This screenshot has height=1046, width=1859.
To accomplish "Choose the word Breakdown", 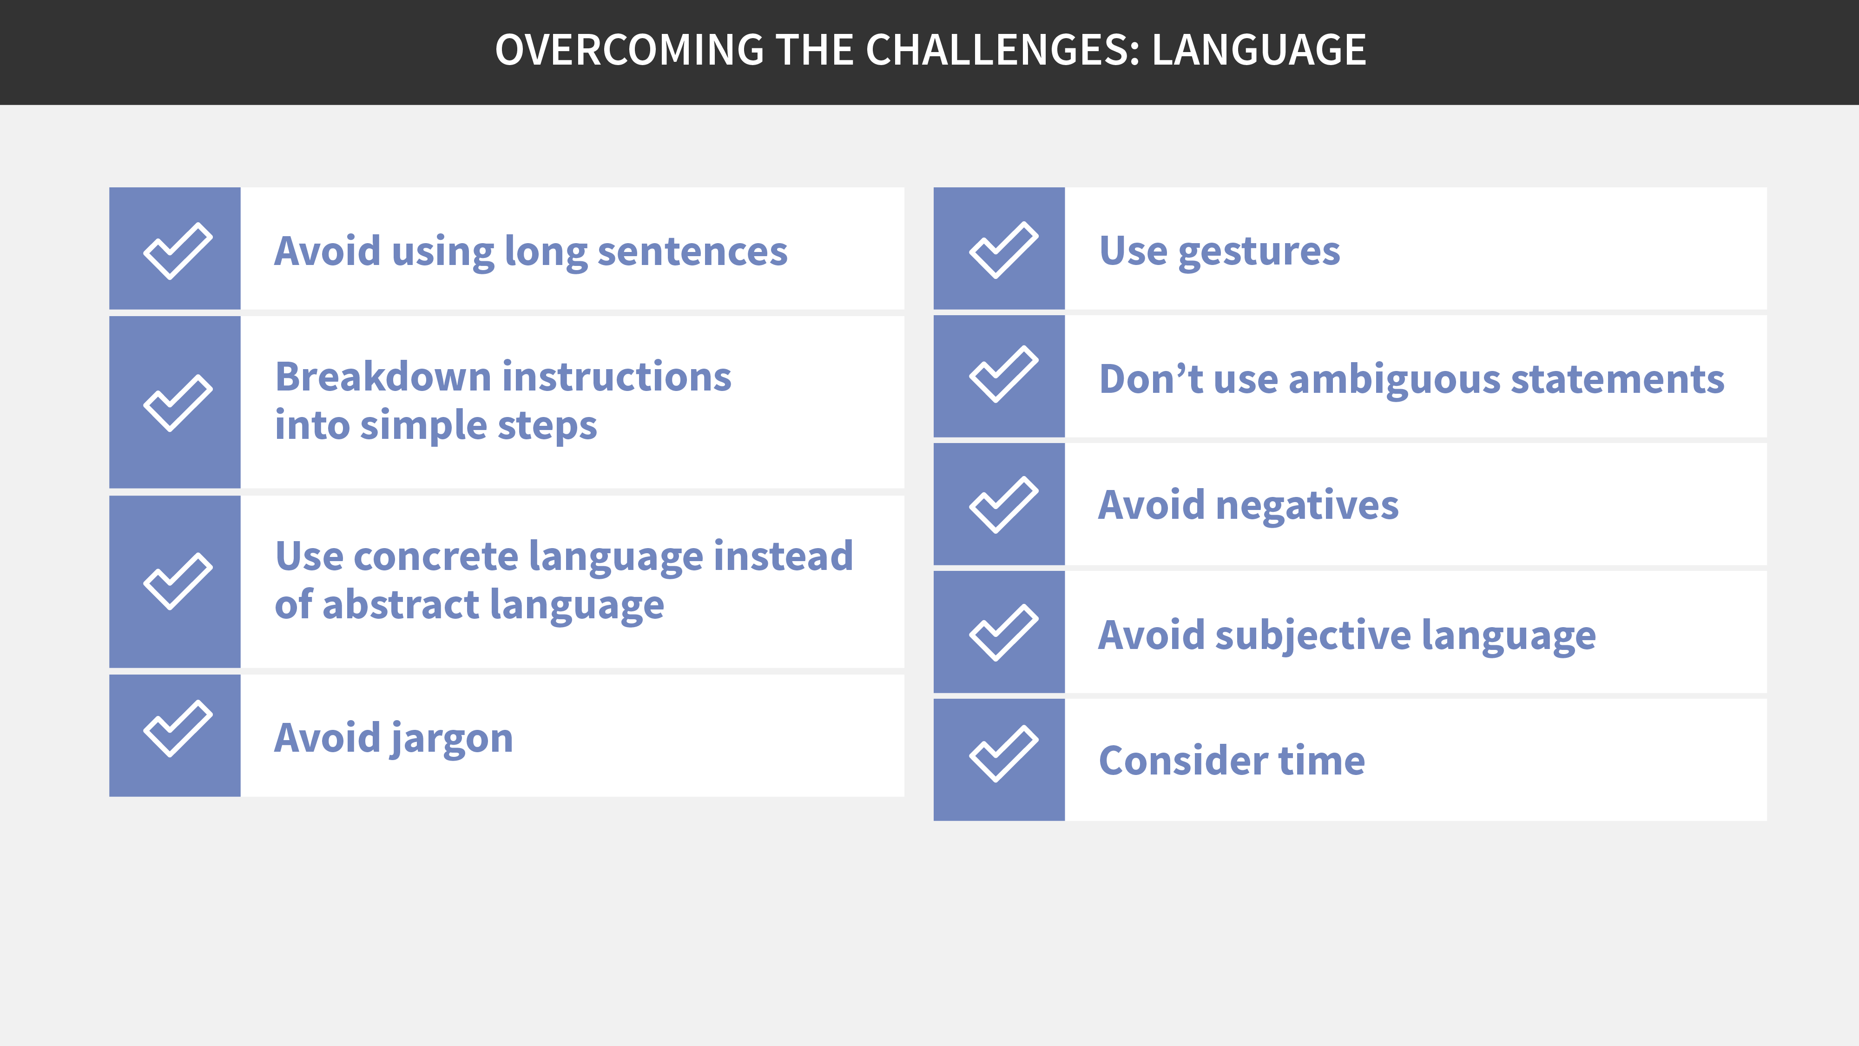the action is (x=383, y=377).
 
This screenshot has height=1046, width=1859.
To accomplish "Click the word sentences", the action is (x=693, y=252).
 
